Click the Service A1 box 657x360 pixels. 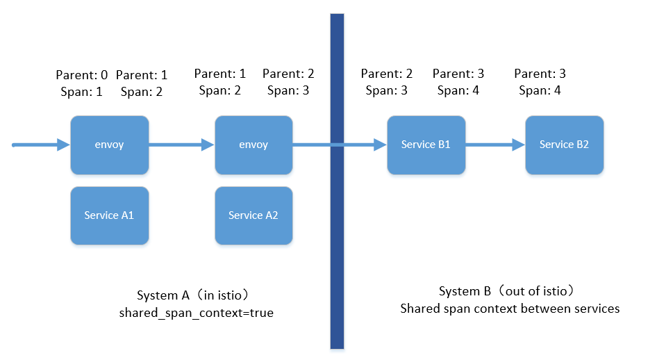click(109, 215)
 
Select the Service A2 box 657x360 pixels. click(253, 215)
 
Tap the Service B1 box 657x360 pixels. click(426, 145)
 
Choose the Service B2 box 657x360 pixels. click(564, 145)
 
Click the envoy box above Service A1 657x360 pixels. click(109, 145)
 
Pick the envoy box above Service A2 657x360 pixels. click(253, 145)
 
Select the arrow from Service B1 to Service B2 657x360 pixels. click(494, 145)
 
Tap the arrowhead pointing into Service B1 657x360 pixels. click(379, 145)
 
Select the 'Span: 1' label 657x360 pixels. click(81, 91)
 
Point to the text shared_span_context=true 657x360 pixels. click(197, 313)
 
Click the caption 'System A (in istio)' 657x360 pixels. click(196, 295)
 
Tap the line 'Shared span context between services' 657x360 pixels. click(510, 308)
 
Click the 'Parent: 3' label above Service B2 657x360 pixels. click(540, 74)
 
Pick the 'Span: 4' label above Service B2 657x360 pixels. click(540, 90)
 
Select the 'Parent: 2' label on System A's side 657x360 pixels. click(288, 74)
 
